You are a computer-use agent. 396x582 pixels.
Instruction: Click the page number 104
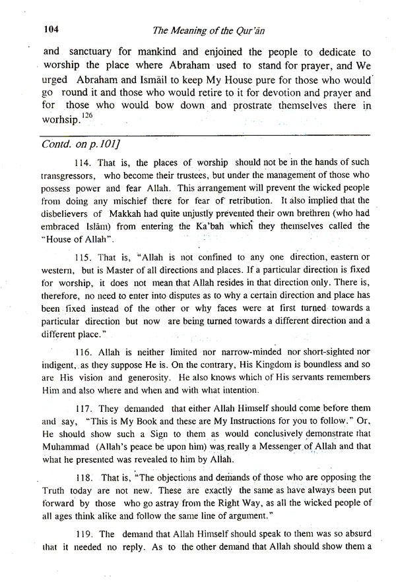[x=51, y=29]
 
